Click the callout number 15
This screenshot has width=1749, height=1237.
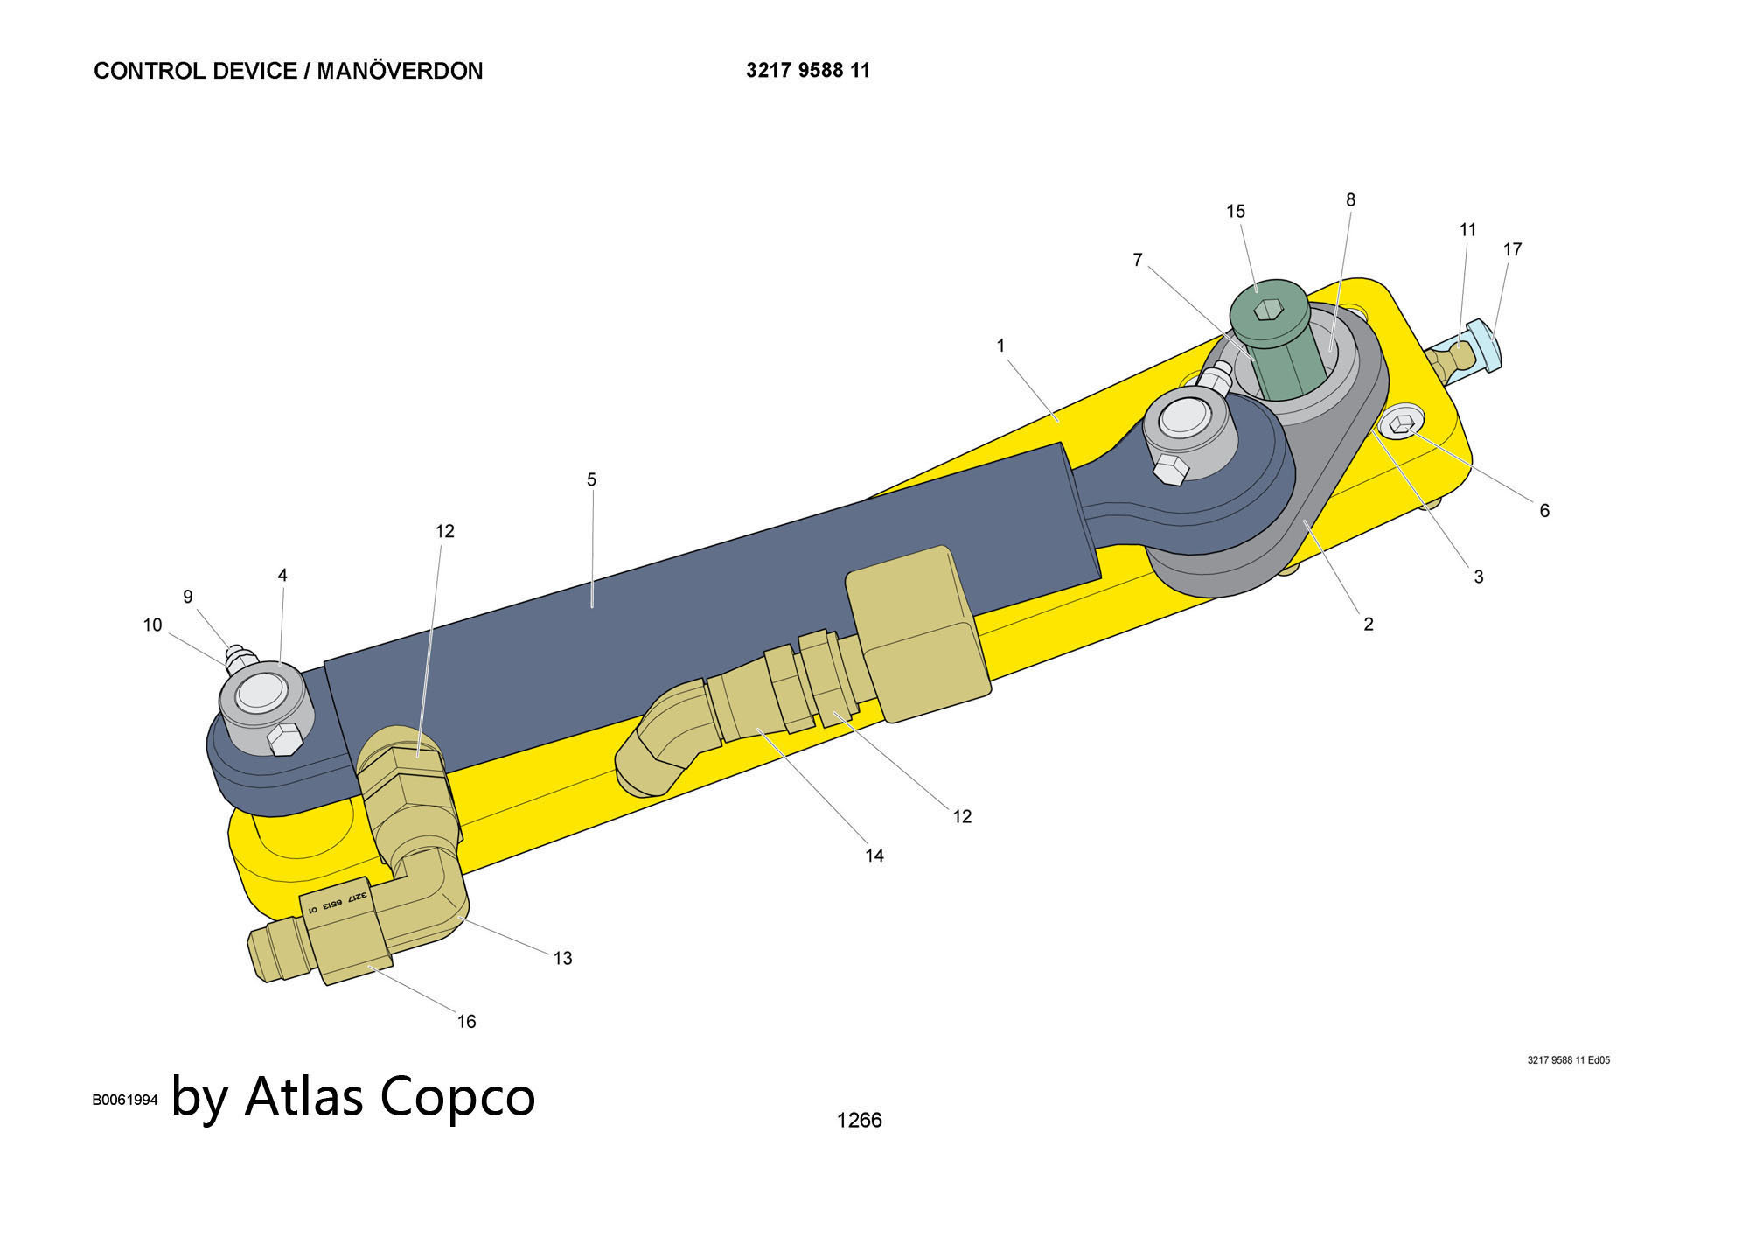pos(1235,212)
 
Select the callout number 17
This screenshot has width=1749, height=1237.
pos(1512,249)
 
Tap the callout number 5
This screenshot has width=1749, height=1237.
pos(591,479)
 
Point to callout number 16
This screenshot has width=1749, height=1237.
pos(466,1021)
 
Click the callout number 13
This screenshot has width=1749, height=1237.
pos(562,958)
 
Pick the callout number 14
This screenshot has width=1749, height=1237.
pos(874,856)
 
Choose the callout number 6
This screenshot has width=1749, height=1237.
pos(1544,510)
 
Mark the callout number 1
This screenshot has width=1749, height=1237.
pos(1000,346)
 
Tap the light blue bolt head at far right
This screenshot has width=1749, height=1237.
pos(1484,345)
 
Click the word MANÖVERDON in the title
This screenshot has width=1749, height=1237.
pos(400,71)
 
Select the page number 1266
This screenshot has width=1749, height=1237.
pos(859,1120)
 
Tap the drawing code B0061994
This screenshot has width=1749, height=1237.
pos(125,1100)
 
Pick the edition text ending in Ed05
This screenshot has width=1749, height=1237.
pos(1568,1060)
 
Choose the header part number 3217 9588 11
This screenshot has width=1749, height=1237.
pos(808,71)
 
